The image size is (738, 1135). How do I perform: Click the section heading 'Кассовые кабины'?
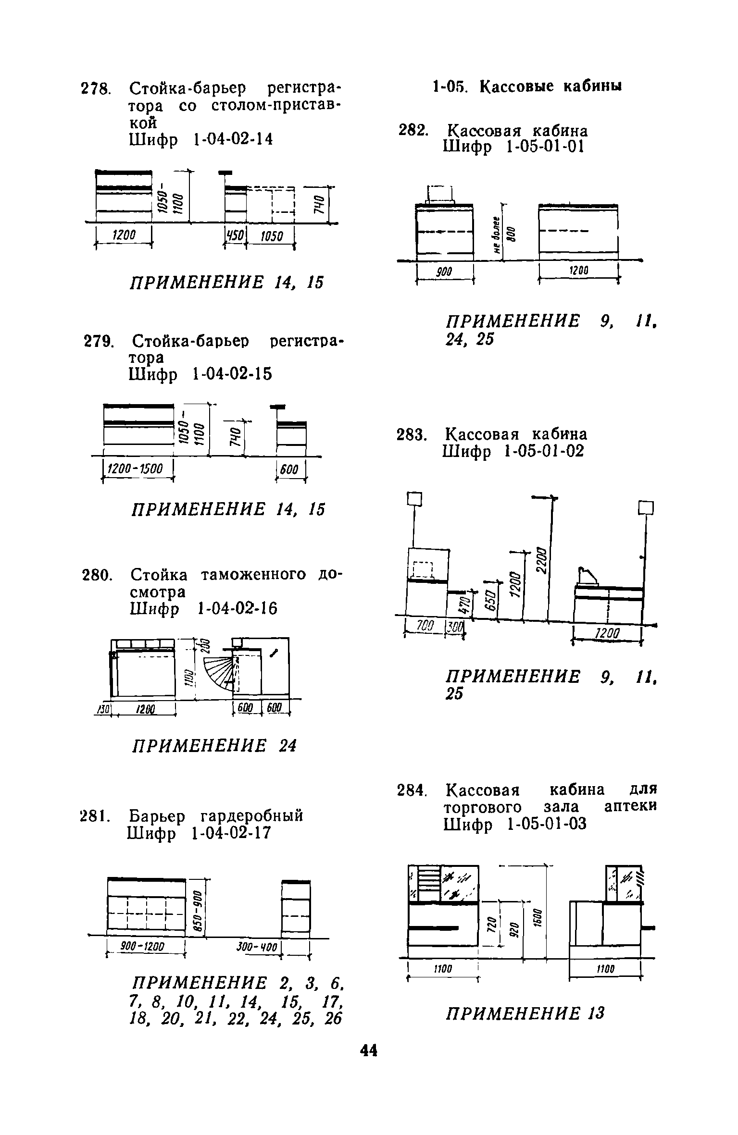551,86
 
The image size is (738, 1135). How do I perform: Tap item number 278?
96,89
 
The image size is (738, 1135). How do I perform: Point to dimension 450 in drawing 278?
236,236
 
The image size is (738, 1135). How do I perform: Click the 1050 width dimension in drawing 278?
271,236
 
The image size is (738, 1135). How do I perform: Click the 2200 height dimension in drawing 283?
542,560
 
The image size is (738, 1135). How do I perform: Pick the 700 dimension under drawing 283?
425,626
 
